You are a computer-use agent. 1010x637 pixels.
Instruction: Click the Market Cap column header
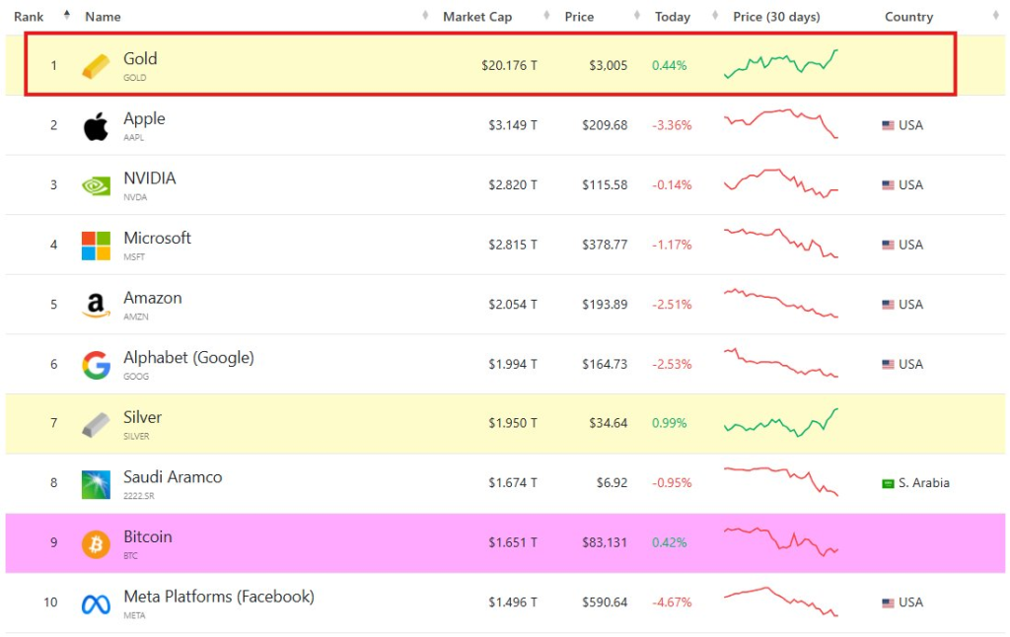click(x=477, y=17)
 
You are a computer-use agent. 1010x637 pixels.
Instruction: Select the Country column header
click(x=908, y=17)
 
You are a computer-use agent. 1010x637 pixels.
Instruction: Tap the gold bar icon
click(x=96, y=66)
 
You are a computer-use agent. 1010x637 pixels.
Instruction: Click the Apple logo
click(x=96, y=126)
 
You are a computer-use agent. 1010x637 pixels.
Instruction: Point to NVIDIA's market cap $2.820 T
click(x=513, y=185)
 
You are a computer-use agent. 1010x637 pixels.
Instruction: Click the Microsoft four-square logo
click(x=96, y=246)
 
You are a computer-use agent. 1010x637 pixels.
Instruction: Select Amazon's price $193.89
click(x=605, y=305)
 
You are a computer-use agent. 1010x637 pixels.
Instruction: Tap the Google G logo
click(x=96, y=365)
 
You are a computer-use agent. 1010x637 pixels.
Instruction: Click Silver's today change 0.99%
click(x=670, y=424)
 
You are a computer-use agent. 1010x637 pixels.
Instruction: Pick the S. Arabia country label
click(x=923, y=483)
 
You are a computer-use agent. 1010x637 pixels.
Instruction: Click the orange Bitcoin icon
click(x=96, y=544)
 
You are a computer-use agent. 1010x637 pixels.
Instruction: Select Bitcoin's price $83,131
click(x=604, y=543)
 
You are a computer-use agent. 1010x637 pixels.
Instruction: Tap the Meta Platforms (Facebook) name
click(x=219, y=597)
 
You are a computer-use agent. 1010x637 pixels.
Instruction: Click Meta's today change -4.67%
click(x=672, y=602)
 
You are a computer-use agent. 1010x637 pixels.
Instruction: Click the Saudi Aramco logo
click(x=96, y=484)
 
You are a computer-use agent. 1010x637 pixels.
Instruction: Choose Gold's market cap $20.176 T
click(x=509, y=66)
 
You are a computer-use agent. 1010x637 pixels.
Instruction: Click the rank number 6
click(x=54, y=365)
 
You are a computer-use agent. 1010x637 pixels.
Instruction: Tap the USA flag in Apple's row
click(x=888, y=126)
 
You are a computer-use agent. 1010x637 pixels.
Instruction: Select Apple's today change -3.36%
click(x=672, y=126)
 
